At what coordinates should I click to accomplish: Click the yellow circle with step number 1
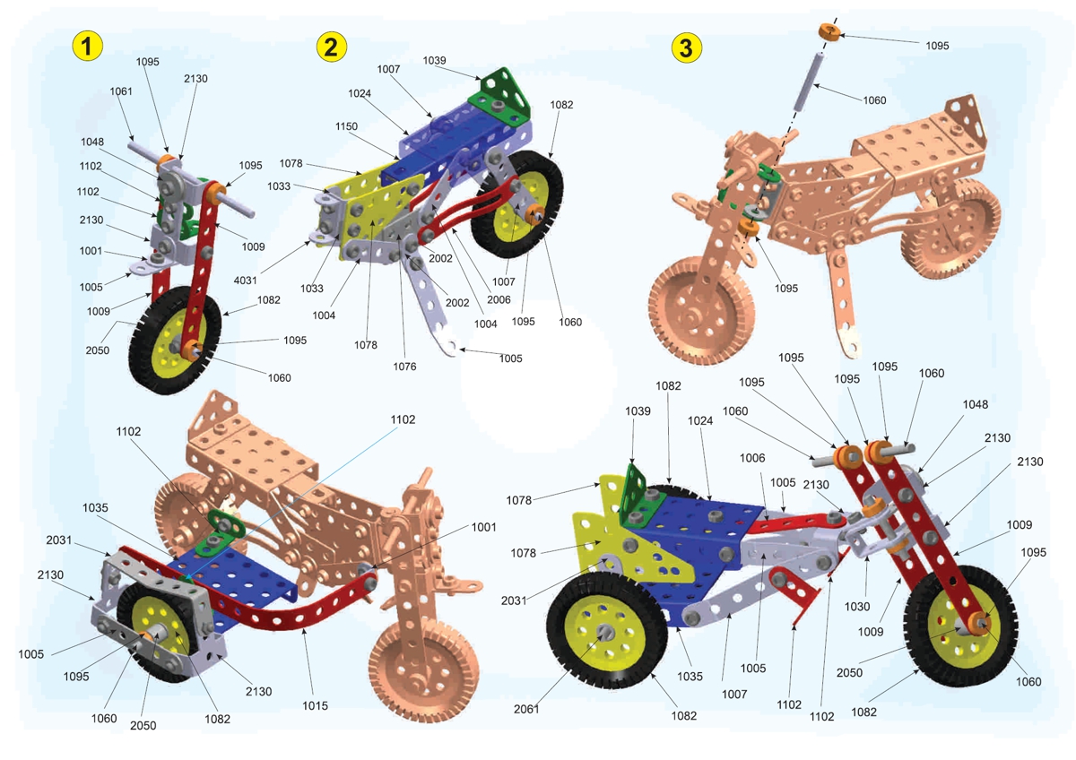coord(87,47)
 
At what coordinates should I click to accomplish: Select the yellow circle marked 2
coord(332,47)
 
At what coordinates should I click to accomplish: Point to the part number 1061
coord(121,91)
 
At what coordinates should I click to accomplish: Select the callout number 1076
coord(404,367)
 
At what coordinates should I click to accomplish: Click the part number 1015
coord(315,705)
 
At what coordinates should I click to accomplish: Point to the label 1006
coord(752,458)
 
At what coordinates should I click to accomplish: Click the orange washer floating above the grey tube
coord(828,34)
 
